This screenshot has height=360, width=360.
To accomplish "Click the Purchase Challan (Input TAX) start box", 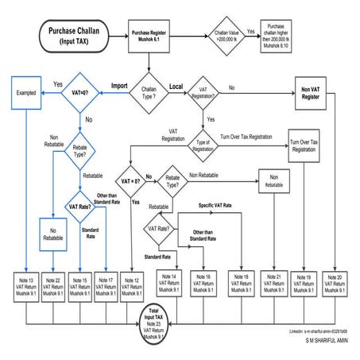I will point(73,35).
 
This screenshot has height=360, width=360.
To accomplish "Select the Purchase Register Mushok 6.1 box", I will point(151,35).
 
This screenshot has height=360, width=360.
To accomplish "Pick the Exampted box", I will point(25,92).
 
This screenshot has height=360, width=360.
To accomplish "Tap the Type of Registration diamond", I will point(203,146).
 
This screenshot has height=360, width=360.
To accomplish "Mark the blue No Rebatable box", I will point(52,234).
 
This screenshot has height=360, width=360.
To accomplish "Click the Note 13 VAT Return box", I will point(24,285).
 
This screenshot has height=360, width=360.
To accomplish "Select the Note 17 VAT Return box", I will point(106,285).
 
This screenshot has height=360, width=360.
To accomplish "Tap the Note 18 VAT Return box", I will point(241,285).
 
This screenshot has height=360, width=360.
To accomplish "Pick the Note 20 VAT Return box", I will point(335,285).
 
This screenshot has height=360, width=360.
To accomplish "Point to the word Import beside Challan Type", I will point(119,83).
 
